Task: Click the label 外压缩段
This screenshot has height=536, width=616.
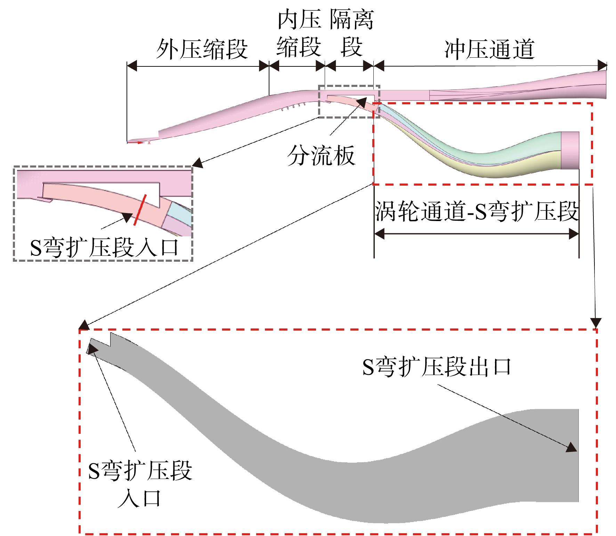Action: click(202, 49)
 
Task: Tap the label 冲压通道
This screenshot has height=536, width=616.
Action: click(489, 49)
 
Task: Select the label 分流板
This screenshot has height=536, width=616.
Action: click(321, 155)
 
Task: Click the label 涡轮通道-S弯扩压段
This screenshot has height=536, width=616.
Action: click(476, 211)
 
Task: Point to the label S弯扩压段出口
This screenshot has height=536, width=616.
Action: click(437, 367)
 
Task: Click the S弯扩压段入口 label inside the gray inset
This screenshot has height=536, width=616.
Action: click(104, 247)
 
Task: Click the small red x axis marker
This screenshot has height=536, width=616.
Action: click(149, 143)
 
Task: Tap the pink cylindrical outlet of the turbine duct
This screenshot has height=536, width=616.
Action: click(570, 150)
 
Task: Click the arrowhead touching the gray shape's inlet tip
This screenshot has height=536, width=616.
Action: click(92, 349)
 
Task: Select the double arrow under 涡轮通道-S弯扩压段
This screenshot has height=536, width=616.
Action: click(476, 234)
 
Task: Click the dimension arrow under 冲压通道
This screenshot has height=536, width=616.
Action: click(490, 65)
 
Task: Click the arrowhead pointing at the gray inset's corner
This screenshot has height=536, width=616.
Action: click(197, 163)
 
